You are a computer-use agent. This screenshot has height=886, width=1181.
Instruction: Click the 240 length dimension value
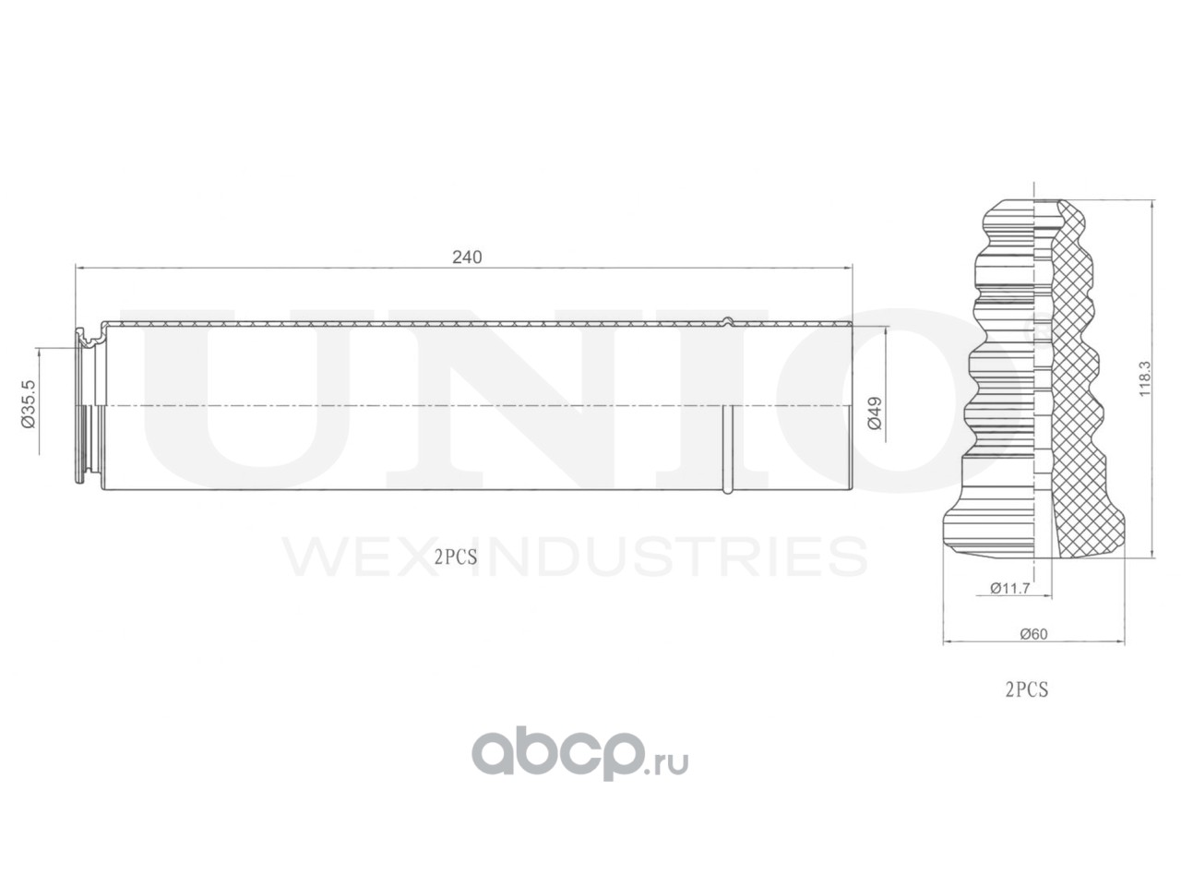point(467,257)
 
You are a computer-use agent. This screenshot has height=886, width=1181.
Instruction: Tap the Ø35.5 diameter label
point(28,403)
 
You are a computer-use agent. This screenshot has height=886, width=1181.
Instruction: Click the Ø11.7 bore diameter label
point(1008,587)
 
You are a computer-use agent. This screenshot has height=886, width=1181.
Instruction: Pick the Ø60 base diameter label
point(1032,633)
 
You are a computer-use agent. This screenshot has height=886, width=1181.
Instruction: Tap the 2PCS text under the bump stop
point(1026,688)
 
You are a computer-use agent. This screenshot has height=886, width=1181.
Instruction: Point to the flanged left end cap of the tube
point(89,406)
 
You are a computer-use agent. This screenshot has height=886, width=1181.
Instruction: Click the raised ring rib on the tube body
point(728,406)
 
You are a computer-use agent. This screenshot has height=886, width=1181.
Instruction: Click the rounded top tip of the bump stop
point(1032,207)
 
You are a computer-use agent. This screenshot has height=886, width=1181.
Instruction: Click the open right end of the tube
point(849,406)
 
